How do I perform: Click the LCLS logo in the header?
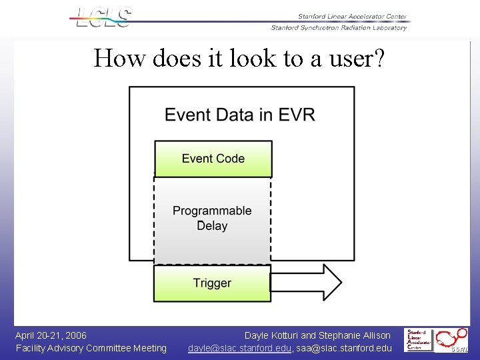tap(103, 17)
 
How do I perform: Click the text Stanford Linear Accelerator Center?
tap(352, 17)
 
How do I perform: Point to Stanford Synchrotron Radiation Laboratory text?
tap(339, 28)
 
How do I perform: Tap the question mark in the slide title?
tap(378, 59)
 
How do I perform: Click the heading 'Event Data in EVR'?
tap(240, 115)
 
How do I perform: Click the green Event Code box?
tap(213, 159)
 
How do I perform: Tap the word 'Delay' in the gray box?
tap(212, 226)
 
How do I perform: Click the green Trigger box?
tap(212, 283)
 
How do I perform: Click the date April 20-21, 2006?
tap(51, 335)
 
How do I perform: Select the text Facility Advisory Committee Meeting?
tap(91, 348)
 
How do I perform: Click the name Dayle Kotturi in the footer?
tap(272, 335)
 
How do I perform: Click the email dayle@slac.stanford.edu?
tap(239, 348)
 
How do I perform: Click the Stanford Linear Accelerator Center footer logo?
tap(419, 339)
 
